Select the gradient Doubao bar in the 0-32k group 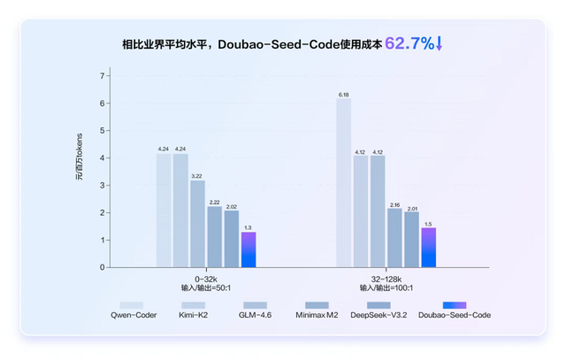[x=249, y=249]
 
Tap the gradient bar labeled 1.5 [x=428, y=247]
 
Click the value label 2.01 [x=411, y=208]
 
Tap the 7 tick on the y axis [x=102, y=76]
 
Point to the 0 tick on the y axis [x=102, y=267]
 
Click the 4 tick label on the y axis [x=102, y=158]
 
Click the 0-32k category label [x=204, y=278]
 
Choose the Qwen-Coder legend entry [x=131, y=314]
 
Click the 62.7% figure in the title [x=409, y=42]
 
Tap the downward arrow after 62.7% [x=440, y=42]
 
